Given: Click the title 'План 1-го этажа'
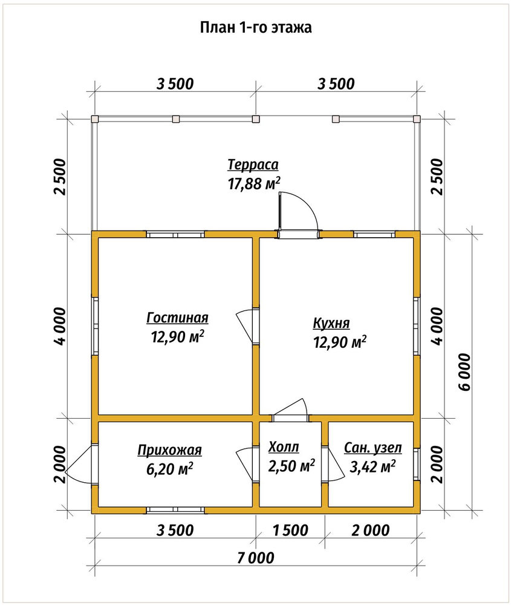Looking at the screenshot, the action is point(256,28).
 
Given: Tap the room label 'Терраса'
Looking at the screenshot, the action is point(253,165).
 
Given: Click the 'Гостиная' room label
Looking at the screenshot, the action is point(177,318).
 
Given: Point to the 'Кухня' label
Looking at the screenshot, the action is point(331,323).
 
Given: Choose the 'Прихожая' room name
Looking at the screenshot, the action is point(170,450).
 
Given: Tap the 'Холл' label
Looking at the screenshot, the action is point(284,447).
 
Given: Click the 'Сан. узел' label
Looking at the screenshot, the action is point(373,448).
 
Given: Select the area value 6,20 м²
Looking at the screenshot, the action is point(170,469).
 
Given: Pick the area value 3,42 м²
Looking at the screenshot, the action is point(373,467).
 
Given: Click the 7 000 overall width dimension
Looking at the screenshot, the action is point(256,558).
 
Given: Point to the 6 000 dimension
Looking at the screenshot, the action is point(465,372).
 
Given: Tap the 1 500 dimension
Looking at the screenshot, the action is point(290,530).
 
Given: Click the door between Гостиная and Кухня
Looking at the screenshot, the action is point(247,326).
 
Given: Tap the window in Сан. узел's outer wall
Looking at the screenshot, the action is point(417,465).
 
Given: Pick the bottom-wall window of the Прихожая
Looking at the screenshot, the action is point(175,510).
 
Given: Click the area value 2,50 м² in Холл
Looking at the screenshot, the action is point(291,466).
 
